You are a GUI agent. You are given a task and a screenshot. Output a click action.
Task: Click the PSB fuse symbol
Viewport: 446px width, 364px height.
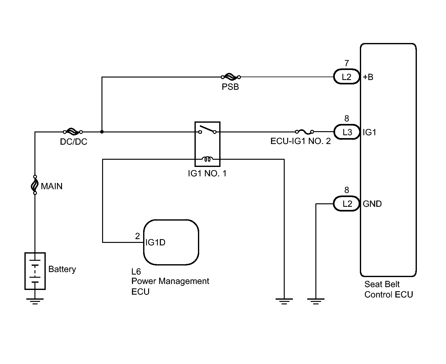[x=231, y=77]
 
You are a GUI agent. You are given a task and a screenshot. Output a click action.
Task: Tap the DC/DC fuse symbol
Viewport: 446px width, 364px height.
[x=73, y=132]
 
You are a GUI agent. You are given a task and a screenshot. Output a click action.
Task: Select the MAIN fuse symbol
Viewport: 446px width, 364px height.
[x=35, y=185]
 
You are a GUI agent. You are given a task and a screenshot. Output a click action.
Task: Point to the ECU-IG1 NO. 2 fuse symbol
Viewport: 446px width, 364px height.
[x=304, y=132]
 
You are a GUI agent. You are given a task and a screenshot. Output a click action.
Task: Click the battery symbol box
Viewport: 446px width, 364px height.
[x=35, y=271]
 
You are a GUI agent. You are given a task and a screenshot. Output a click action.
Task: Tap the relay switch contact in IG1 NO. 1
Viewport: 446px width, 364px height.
[x=207, y=130]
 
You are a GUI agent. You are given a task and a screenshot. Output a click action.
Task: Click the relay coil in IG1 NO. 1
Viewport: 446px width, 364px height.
[x=207, y=159]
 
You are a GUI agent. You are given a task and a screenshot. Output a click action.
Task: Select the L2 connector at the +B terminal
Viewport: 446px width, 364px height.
[x=346, y=77]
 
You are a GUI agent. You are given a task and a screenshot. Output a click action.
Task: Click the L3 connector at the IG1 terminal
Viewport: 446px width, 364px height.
[x=347, y=132]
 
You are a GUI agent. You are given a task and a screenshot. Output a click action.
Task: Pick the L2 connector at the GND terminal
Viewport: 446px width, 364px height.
[x=346, y=204]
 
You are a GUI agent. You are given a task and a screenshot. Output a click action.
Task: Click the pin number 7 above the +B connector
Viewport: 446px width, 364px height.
[x=346, y=63]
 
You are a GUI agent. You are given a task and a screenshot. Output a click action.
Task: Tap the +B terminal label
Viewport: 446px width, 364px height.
[x=368, y=77]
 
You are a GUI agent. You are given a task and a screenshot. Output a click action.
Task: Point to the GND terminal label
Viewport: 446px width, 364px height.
[x=372, y=204]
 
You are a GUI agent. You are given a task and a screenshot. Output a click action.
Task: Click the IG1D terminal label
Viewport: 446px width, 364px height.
[x=155, y=243]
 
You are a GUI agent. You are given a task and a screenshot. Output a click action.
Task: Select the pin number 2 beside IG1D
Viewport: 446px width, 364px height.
[x=137, y=236]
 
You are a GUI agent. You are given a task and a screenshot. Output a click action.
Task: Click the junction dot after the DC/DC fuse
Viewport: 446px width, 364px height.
[x=102, y=132]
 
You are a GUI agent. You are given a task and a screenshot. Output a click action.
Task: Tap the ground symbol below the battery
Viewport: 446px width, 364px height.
[x=35, y=301]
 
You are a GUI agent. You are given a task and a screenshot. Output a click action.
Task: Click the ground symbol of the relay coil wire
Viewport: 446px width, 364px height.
[x=284, y=301]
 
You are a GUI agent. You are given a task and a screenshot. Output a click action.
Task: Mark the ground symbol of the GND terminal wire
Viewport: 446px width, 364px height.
[x=316, y=301]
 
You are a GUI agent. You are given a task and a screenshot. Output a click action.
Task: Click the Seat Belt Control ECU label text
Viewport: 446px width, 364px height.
[x=389, y=290]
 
